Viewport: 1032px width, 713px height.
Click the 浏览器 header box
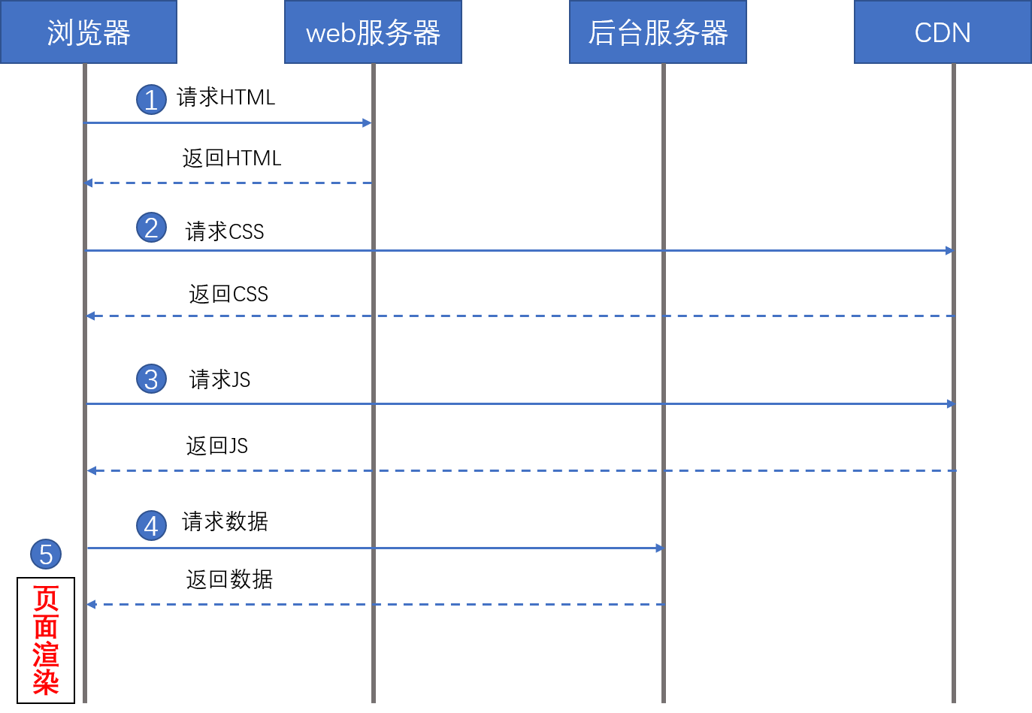[89, 32]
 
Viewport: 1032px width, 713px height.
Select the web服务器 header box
[373, 32]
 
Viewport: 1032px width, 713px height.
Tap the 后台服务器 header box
[658, 32]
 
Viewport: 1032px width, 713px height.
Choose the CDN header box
[943, 32]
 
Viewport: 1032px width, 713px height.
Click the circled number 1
[151, 100]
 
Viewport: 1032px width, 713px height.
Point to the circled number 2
[151, 228]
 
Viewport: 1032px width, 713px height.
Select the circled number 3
[151, 379]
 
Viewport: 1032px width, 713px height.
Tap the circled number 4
[151, 526]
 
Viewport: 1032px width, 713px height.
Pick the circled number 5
[46, 554]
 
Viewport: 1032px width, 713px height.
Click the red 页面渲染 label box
[46, 640]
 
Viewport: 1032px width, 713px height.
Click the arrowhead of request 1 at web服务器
[367, 122]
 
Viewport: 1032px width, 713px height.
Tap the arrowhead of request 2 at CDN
[949, 250]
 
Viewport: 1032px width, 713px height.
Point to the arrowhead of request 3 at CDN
[951, 403]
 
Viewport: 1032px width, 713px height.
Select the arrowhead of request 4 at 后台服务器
[659, 548]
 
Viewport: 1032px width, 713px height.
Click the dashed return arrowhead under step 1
[89, 183]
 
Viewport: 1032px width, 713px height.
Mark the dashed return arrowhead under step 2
[90, 316]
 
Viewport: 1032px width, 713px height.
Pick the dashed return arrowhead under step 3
[91, 470]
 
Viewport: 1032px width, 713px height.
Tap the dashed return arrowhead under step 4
[91, 604]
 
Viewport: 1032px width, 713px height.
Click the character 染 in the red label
[46, 682]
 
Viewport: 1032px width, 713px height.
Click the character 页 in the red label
[46, 599]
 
